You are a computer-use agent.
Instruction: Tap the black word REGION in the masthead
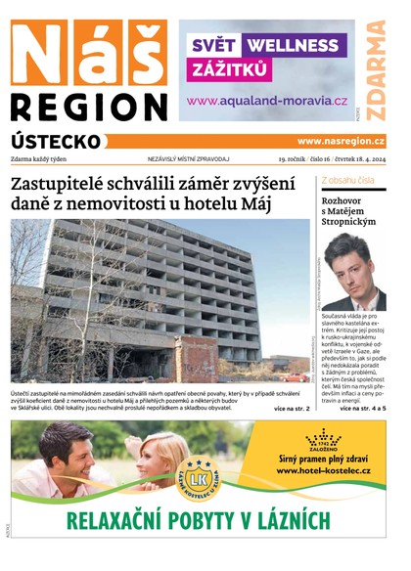point(89,108)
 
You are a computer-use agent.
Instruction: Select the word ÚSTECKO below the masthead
point(56,142)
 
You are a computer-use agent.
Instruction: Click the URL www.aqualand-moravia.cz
point(266,101)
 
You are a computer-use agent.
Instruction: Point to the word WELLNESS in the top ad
point(292,45)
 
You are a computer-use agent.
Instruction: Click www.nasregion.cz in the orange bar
point(341,141)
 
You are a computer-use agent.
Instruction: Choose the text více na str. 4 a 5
point(362,407)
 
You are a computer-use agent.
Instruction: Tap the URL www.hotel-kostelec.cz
point(323,471)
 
